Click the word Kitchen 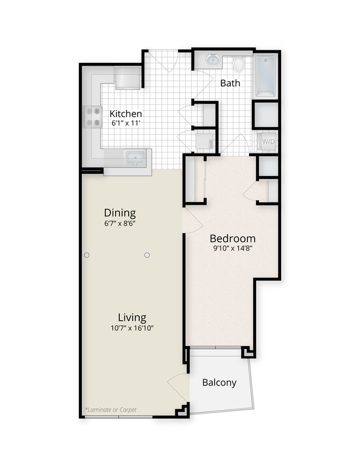point(125,113)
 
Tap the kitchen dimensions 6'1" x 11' point(125,123)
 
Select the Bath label point(230,83)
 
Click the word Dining point(120,213)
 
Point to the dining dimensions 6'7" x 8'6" point(120,224)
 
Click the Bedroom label point(232,239)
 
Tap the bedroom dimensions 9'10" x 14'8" point(232,248)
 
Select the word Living point(132,317)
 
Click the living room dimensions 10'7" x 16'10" point(132,328)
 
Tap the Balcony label point(219,382)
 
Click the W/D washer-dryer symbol point(268,142)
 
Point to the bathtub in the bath point(266,76)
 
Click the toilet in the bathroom point(239,65)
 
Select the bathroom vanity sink point(213,60)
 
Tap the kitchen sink point(135,158)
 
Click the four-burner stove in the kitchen point(93,116)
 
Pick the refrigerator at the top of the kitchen point(128,78)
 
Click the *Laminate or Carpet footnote point(110,410)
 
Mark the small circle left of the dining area point(87,255)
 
